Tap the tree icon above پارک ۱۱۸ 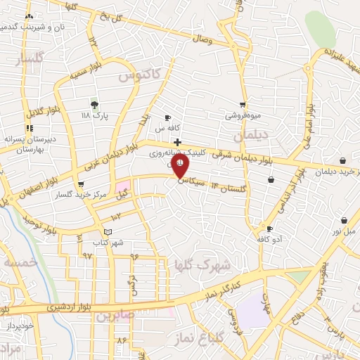pyautogui.click(x=94, y=105)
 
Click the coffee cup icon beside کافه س pyautogui.click(x=167, y=117)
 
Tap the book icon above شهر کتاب pyautogui.click(x=107, y=232)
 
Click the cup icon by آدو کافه pyautogui.click(x=269, y=229)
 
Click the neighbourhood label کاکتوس pyautogui.click(x=139, y=74)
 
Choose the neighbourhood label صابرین pyautogui.click(x=117, y=316)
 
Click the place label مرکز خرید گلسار pyautogui.click(x=79, y=195)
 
